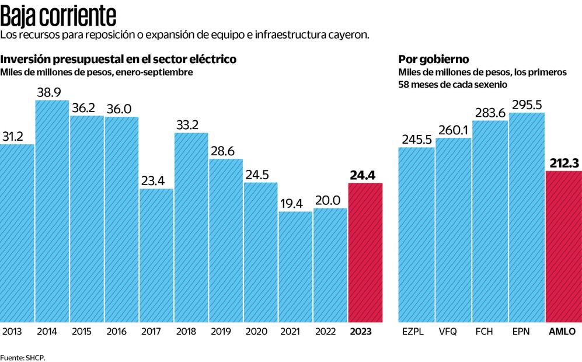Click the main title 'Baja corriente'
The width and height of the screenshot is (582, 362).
58,15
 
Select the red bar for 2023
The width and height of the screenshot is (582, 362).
365,252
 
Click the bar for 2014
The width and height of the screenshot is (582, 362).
52,211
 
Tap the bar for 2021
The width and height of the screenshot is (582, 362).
295,266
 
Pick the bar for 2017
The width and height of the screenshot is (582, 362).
156,255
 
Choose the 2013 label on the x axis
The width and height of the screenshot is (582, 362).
12,332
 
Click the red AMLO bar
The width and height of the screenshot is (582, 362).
563,246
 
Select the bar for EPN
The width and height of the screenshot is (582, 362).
527,217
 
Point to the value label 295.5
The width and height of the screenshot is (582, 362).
527,105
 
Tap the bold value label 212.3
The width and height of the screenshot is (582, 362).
563,162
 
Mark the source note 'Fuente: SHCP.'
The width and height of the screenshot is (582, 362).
23,357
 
